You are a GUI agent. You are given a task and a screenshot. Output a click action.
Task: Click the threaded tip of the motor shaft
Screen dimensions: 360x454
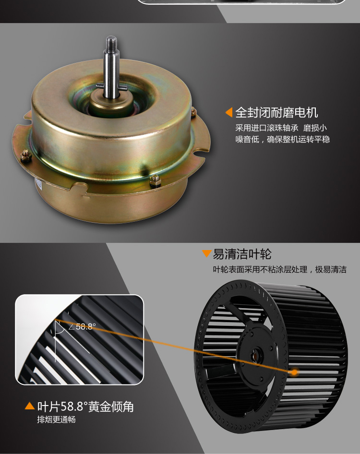point(111,43)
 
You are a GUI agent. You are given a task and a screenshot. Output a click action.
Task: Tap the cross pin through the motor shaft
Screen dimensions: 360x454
point(111,86)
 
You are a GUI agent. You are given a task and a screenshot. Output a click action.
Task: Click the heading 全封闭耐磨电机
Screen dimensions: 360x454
point(276,112)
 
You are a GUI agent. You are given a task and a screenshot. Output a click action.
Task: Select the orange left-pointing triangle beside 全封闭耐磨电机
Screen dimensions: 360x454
point(229,112)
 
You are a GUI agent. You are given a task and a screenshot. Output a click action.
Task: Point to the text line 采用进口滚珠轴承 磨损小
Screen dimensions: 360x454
point(281,128)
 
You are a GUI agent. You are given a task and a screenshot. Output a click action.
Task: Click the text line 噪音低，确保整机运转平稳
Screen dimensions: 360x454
point(282,139)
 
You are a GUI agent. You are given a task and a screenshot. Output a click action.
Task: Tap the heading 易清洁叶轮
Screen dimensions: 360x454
point(242,254)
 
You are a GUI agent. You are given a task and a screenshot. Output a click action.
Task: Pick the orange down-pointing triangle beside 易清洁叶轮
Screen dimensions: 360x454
point(206,253)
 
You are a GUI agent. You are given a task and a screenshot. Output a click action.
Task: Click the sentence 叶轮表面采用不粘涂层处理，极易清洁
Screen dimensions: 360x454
point(280,270)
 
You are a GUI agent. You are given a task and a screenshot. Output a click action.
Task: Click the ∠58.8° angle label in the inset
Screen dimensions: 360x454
point(82,327)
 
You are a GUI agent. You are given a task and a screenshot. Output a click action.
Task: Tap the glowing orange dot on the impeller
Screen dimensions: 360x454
point(294,372)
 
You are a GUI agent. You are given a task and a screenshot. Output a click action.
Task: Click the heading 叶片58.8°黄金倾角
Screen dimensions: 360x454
point(85,406)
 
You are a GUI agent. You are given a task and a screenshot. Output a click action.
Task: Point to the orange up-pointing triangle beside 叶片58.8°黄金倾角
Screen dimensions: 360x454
point(30,406)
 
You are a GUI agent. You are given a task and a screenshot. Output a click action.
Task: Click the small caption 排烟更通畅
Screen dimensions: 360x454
point(56,419)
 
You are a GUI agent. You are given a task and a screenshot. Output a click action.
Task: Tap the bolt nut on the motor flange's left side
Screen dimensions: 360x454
point(26,155)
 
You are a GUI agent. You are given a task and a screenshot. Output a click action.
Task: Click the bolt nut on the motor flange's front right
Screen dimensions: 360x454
point(155,181)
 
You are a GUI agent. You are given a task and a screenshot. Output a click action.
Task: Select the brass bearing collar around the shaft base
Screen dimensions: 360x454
point(111,104)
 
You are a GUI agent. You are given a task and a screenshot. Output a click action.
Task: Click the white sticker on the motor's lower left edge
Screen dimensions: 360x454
point(38,184)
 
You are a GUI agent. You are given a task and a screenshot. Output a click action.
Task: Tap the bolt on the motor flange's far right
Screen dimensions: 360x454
point(193,112)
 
